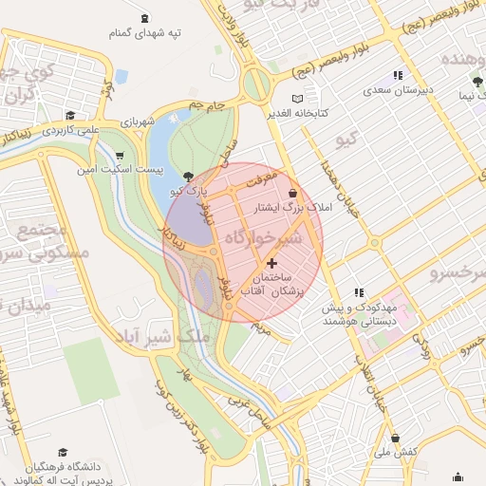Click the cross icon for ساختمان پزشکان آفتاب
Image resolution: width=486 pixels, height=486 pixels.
coord(272,262)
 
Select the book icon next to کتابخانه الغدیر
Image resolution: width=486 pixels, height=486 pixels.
coord(298,99)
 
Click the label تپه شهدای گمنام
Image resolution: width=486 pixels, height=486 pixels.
coord(144,33)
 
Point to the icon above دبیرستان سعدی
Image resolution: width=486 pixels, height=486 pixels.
coord(398,75)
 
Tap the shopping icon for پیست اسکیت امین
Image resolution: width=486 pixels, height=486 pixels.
coord(119,156)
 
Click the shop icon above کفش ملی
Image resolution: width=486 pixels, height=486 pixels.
coord(395,438)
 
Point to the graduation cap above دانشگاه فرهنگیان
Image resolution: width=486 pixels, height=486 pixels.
coord(63,453)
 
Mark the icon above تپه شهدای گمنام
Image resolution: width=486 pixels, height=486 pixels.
coord(144,18)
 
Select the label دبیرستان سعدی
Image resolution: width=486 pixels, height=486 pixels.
coord(398,91)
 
